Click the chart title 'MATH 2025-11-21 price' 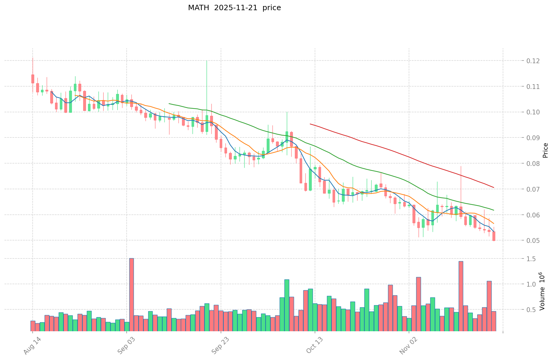click(234, 8)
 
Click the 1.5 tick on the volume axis click(531, 259)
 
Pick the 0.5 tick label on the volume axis click(531, 310)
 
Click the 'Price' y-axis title click(545, 150)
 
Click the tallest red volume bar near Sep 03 click(131, 294)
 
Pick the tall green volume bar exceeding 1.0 click(287, 305)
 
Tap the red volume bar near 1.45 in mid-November click(461, 296)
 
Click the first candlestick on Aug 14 click(33, 79)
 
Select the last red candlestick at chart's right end click(494, 236)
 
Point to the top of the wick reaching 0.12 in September click(207, 61)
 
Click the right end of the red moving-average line click(494, 187)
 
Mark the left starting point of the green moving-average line click(169, 104)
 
